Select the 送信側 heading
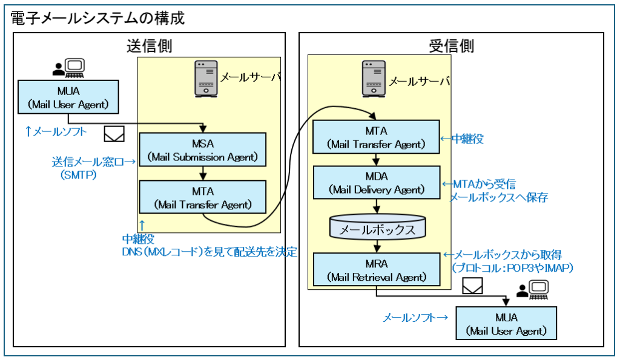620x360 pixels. [149, 46]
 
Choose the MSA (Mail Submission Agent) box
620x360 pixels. [203, 150]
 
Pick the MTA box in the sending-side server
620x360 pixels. [203, 197]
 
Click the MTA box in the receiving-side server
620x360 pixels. [376, 137]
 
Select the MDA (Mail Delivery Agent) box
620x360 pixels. [376, 182]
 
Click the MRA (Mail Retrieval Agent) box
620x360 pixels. [376, 270]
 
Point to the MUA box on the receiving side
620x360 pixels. [506, 323]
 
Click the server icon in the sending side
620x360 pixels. [205, 78]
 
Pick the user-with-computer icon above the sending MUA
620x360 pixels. [68, 68]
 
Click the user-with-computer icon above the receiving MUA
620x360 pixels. [531, 291]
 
